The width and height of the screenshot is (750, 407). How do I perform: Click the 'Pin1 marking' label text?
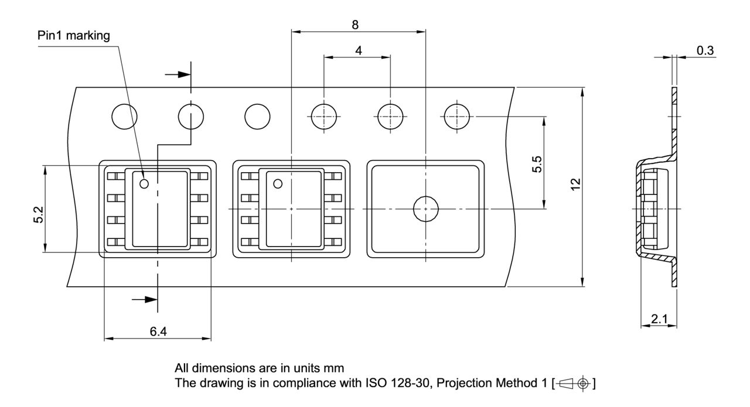pos(74,36)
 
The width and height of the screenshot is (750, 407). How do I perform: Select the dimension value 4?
pos(358,50)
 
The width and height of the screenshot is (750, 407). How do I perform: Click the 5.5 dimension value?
pos(537,163)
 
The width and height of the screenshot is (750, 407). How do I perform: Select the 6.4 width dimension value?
pos(158,332)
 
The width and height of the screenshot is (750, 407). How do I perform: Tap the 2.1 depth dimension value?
pos(659,319)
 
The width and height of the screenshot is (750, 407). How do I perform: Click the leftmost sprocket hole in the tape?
pos(125,116)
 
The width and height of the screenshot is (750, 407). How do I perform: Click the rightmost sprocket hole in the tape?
pos(458,116)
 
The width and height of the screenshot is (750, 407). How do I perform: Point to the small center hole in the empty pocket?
pos(425,209)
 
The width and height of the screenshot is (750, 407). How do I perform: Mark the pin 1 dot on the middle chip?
pos(277,184)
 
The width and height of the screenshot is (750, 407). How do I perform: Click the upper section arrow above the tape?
pos(178,74)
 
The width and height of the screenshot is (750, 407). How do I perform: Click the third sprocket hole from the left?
pos(257,116)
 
